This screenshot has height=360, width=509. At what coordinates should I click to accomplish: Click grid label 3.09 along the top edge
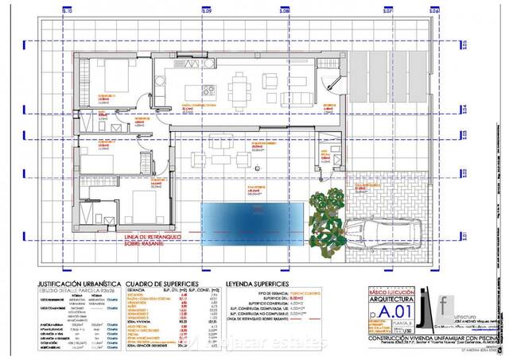point(206,12)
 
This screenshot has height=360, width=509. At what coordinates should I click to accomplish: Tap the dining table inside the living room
point(242,85)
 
